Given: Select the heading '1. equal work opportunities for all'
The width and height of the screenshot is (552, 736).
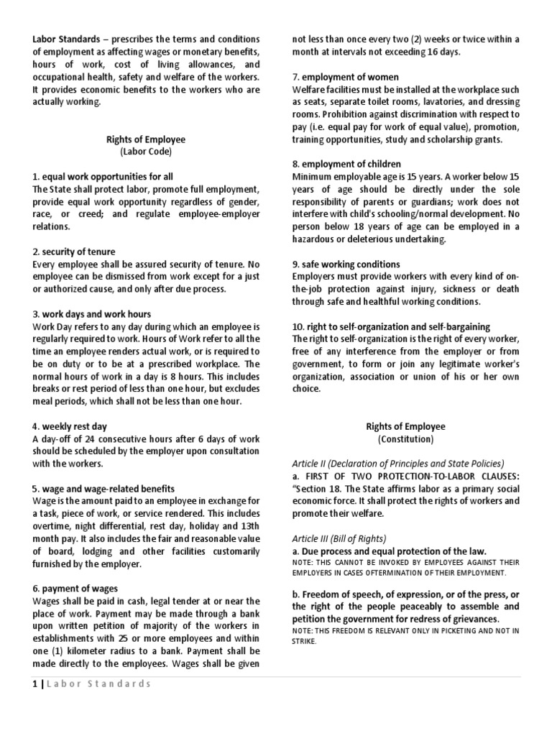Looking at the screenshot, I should pos(103,177).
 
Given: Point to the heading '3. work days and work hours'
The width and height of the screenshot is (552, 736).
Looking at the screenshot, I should pos(92,314).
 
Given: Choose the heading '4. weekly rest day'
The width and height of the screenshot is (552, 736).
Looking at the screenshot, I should pos(70,426).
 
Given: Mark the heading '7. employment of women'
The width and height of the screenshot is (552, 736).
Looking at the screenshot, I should pos(346,77).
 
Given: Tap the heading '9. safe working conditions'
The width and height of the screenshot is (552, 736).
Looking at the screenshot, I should pos(346,264).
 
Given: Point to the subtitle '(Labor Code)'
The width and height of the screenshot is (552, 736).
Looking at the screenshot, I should pos(146,152).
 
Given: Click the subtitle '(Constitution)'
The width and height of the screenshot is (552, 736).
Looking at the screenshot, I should pos(405,438).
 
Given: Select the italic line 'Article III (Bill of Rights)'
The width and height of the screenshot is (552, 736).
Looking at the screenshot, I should pos(339,538).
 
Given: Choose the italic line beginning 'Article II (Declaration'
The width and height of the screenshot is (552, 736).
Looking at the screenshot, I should pos(398,464).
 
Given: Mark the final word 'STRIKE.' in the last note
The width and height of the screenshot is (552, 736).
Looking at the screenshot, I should pos(305,640).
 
